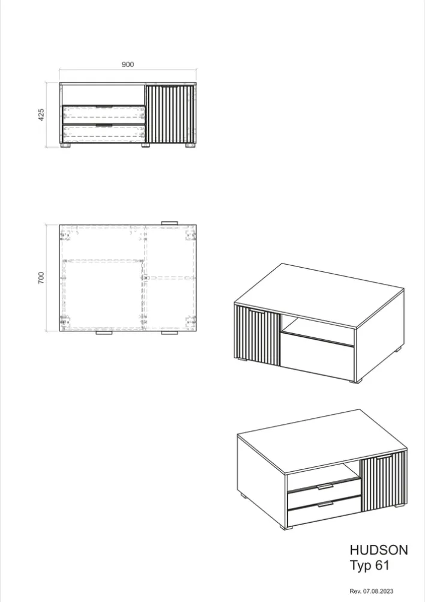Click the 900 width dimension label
(128, 64)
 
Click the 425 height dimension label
(41, 115)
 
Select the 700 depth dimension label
(41, 278)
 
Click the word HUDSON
(378, 550)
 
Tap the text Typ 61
(369, 565)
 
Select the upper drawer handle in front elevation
(104, 106)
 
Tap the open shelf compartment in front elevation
(103, 95)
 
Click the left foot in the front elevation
(67, 145)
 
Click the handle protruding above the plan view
(170, 223)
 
